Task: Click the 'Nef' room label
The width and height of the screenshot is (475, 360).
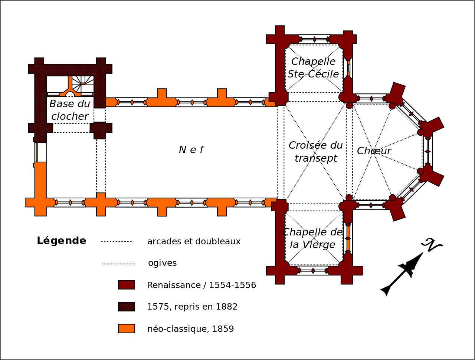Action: pos(191,150)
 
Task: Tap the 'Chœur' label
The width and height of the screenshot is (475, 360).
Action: pos(374,151)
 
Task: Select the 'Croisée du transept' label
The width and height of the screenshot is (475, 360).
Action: pos(315,152)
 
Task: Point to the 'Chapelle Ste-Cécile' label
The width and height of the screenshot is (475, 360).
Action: pos(313,68)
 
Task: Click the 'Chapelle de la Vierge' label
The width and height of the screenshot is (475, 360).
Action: pos(312,238)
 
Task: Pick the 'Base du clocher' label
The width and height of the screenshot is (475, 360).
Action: pos(70,110)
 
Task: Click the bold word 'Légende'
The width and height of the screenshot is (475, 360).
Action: pos(61,241)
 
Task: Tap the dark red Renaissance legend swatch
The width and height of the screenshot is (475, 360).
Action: pos(127,285)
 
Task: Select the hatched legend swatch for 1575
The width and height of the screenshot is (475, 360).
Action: pos(127,307)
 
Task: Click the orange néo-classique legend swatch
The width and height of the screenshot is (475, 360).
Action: pos(127,328)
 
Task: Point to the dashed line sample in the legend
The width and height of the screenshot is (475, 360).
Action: pos(117,241)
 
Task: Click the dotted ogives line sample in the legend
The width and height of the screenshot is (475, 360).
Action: pos(118,264)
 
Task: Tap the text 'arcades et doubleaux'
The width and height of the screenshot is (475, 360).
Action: pos(194,242)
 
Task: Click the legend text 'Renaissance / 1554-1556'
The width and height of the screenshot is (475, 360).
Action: pos(202,285)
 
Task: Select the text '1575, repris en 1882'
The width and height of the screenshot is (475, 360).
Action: pos(192,307)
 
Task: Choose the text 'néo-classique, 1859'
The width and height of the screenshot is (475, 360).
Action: pos(190,329)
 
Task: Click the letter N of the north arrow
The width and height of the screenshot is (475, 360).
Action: pos(432,245)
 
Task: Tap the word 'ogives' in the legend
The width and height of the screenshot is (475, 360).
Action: pos(162,263)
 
